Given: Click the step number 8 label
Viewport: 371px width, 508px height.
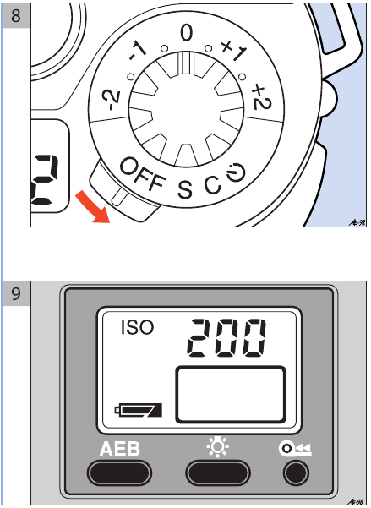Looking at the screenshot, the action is (15, 15).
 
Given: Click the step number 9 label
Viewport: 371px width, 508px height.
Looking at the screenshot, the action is (15, 293).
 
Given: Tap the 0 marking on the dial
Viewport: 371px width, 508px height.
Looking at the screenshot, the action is (186, 33).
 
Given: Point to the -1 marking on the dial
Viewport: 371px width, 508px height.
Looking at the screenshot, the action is (138, 52).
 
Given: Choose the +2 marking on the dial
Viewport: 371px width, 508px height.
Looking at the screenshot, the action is (262, 96).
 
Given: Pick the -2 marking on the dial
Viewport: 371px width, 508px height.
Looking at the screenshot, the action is (111, 100).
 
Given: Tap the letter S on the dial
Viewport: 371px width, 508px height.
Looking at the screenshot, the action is (185, 188).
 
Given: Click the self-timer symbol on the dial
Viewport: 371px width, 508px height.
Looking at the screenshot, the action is (236, 173).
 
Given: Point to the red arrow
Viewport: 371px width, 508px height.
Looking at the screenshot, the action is (93, 207).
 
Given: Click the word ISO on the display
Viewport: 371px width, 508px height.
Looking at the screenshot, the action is (137, 327).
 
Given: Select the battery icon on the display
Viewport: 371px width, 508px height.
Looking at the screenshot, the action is (139, 410).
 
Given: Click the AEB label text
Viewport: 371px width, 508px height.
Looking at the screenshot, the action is (120, 449).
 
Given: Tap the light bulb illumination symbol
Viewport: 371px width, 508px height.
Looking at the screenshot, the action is (218, 447).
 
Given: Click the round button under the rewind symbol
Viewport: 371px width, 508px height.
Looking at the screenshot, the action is (296, 472).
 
